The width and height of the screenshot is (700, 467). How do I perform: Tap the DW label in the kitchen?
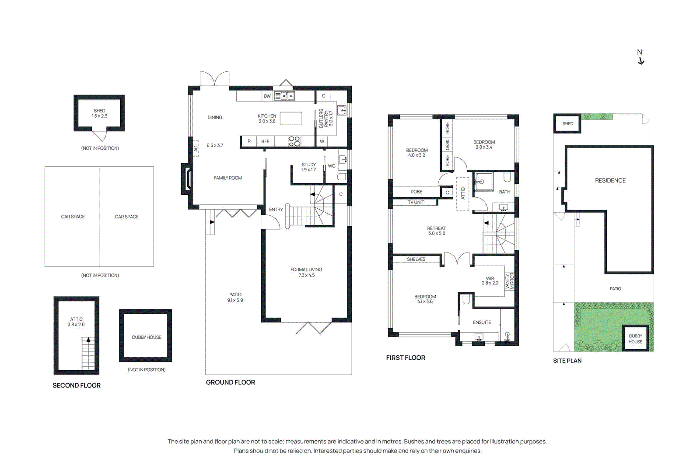(267, 96)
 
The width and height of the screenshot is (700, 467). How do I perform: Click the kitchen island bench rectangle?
(291, 119)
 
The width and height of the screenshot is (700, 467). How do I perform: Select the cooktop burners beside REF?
(294, 141)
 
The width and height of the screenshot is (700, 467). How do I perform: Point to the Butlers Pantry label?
(325, 118)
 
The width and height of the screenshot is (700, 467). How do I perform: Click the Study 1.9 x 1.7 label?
(308, 167)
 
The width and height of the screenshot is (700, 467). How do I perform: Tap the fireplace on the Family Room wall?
(187, 178)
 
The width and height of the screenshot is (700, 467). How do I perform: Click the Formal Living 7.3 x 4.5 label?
(306, 272)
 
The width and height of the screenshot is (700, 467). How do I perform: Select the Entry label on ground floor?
(276, 210)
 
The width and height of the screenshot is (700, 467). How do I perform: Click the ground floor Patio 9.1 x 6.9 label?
(235, 298)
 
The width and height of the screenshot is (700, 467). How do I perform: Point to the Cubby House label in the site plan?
(635, 339)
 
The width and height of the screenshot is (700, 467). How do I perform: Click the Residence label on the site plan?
(610, 180)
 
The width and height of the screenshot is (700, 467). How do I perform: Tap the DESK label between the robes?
(447, 144)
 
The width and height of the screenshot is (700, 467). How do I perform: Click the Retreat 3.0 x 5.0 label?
(436, 231)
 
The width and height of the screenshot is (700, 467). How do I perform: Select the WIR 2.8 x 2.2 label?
(490, 281)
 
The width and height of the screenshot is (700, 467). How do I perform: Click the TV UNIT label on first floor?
(416, 202)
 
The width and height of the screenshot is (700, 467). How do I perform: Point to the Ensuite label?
(482, 323)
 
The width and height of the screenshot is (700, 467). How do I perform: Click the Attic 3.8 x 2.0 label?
(76, 322)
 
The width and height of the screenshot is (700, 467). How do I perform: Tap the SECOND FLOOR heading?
(77, 386)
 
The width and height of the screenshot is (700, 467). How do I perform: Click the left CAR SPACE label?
(73, 217)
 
